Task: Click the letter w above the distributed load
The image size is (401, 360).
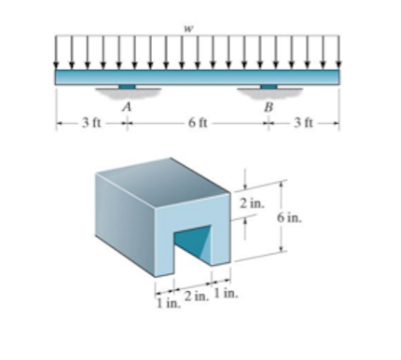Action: [x=189, y=29]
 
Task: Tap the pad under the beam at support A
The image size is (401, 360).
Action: [x=127, y=88]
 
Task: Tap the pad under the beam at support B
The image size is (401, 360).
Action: [x=269, y=88]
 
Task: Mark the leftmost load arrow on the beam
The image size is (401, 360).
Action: [x=58, y=51]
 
